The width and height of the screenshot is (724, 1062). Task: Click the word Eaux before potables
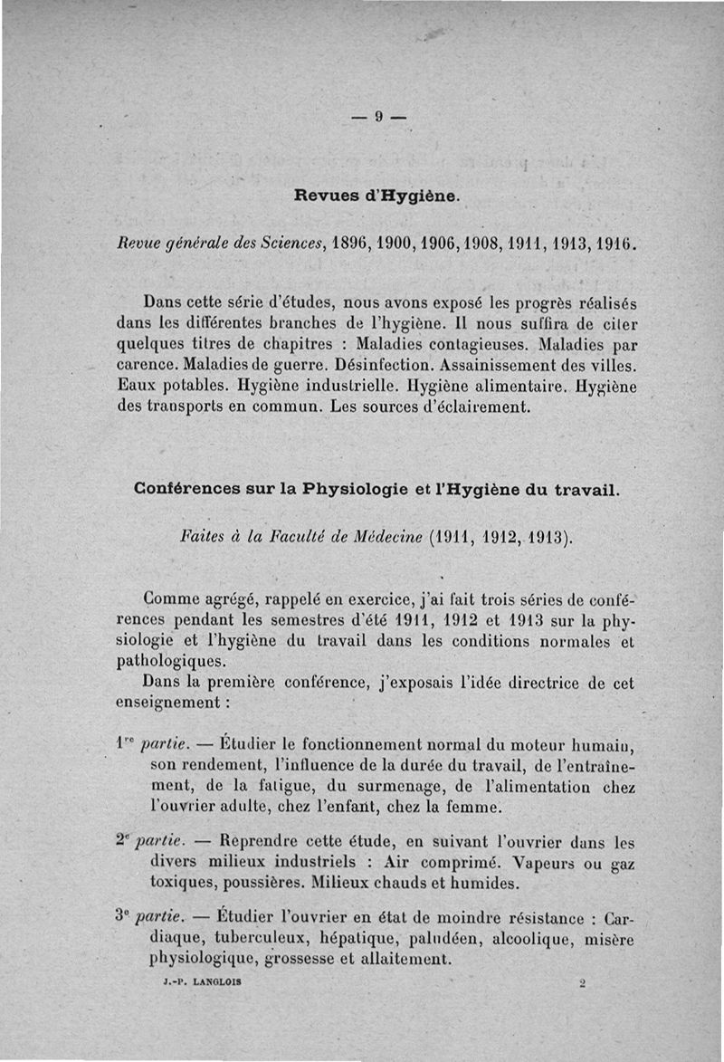[137, 387]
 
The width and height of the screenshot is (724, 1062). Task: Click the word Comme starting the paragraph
[176, 598]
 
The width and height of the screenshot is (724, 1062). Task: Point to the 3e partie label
[151, 919]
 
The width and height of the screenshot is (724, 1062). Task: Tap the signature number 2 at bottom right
[583, 981]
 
